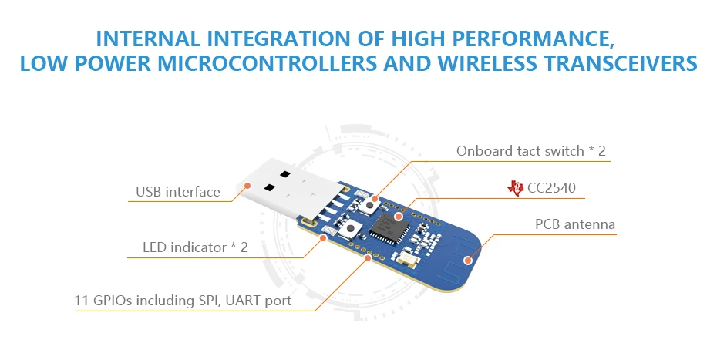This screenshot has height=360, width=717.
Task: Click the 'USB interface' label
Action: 178,192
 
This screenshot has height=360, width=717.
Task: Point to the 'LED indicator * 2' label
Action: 195,247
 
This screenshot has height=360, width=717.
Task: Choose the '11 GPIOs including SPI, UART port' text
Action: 183,301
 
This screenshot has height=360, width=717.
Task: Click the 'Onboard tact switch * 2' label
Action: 531,151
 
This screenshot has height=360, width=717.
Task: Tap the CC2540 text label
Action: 552,187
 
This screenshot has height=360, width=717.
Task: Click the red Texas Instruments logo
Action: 515,187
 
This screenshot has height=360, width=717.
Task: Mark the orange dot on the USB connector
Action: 248,185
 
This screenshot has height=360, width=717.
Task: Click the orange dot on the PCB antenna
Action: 467,260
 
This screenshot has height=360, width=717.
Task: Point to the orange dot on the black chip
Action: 398,217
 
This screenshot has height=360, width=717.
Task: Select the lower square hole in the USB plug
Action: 269,187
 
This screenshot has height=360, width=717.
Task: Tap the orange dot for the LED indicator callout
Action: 324,237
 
